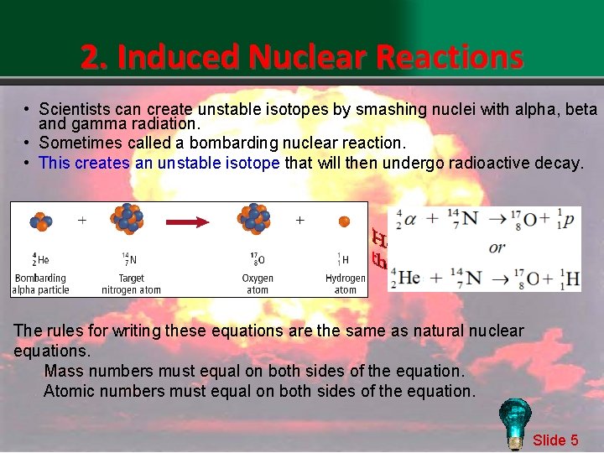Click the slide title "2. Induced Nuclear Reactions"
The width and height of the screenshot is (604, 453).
[302, 57]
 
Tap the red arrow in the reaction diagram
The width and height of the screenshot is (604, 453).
[199, 222]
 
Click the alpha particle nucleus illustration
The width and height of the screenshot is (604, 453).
[40, 222]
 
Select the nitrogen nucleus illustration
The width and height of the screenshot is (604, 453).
[126, 219]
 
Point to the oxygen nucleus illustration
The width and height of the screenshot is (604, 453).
[255, 219]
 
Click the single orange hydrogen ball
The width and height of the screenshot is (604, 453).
[344, 222]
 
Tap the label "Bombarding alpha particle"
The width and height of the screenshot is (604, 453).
[40, 284]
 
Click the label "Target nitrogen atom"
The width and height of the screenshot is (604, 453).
[131, 284]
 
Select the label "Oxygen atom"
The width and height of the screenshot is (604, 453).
[258, 284]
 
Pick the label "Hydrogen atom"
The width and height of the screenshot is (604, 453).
[346, 284]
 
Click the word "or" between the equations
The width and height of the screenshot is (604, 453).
[497, 247]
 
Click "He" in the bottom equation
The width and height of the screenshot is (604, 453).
[409, 277]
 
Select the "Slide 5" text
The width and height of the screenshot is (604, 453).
[555, 440]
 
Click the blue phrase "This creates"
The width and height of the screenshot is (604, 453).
[84, 163]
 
